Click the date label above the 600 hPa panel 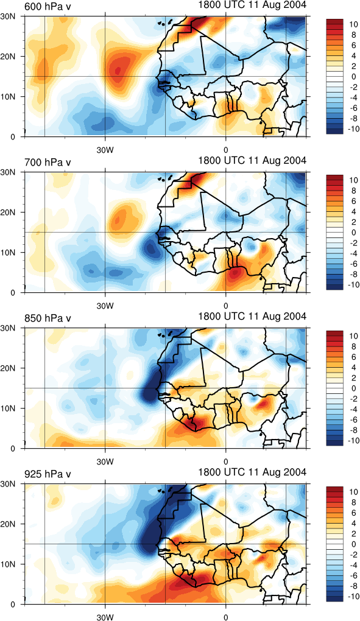coord(252,5)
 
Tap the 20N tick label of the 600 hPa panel coord(15,56)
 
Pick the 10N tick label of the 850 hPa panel coord(15,408)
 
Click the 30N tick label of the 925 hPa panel coord(15,484)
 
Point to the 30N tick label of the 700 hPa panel coord(15,172)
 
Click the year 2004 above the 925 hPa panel coord(296,472)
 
